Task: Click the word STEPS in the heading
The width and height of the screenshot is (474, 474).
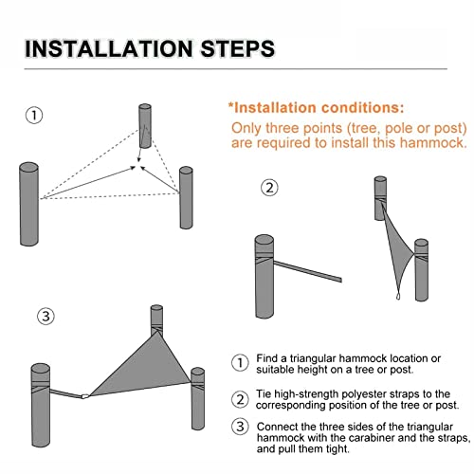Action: coord(238,48)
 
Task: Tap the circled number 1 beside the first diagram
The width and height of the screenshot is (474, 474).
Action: coord(34,116)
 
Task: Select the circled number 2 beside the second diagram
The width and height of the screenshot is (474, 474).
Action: coord(269,188)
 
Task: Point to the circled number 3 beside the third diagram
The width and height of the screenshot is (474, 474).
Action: coord(46,316)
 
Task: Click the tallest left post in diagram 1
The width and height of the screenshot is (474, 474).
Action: coord(29,204)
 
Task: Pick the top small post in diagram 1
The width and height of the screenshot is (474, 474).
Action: coord(145,126)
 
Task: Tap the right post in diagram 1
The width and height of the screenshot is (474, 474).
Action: coord(186,197)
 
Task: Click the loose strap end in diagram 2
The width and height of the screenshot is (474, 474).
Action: coord(339,280)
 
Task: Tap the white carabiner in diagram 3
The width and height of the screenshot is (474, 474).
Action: coord(85,396)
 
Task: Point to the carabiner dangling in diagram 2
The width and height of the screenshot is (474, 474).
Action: coord(398,297)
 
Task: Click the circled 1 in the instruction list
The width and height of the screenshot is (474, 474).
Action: coord(240,363)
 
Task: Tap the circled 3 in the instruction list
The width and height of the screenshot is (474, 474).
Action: coord(240,427)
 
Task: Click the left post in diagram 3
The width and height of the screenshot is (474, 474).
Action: coord(41,405)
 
